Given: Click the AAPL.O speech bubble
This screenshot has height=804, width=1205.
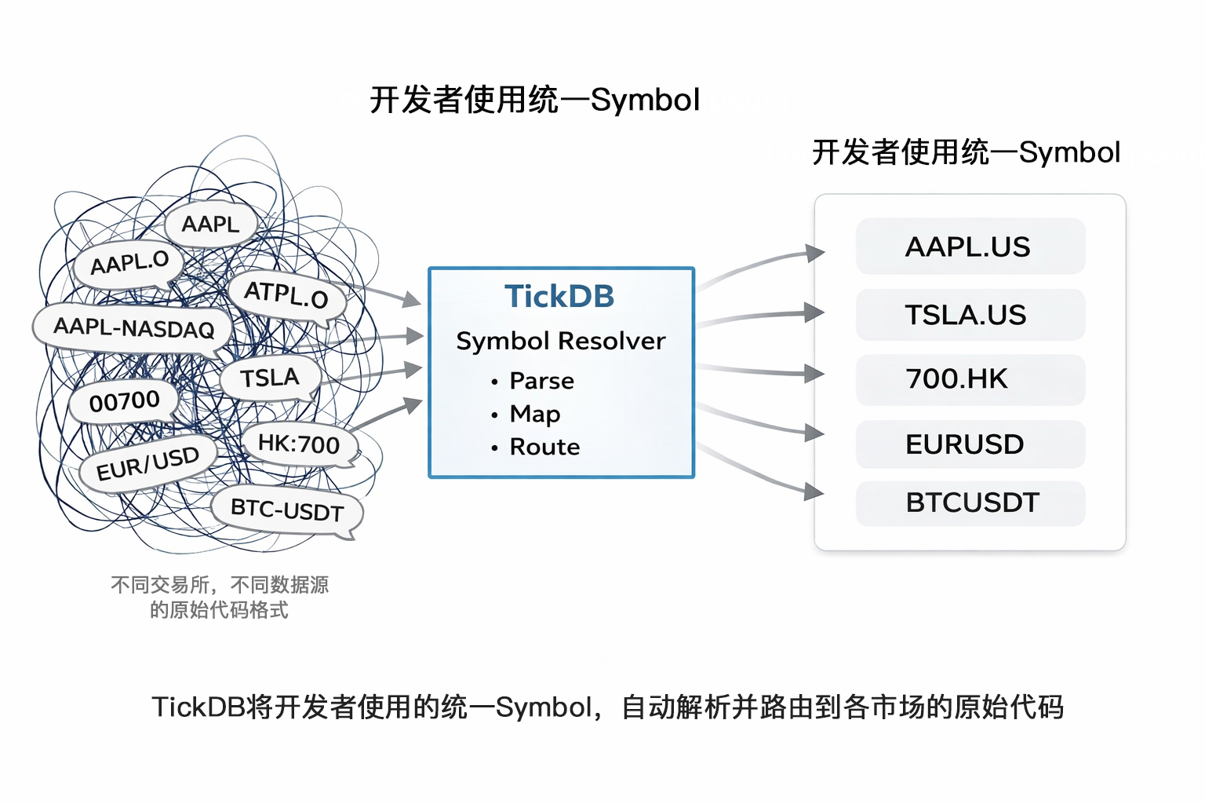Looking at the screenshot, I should [x=129, y=264].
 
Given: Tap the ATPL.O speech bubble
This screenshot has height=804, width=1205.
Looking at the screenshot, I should [x=286, y=295].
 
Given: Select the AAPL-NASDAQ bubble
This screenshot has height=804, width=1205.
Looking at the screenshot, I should [x=133, y=327].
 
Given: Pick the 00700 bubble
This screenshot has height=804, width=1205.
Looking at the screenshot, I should [x=124, y=402].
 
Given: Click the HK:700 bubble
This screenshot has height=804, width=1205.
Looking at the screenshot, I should [x=298, y=444].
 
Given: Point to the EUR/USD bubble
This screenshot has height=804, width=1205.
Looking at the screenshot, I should [x=147, y=465].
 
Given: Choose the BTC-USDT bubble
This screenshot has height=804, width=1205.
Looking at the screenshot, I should [x=287, y=511].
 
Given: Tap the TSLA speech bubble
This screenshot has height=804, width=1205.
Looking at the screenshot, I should [x=270, y=378].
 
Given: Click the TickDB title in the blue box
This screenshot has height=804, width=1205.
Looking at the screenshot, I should [x=559, y=297].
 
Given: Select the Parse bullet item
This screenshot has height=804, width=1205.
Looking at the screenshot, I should [x=541, y=381].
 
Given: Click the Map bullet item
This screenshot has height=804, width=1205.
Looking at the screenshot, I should [x=535, y=414].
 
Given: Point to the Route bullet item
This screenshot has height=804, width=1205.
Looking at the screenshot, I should [x=544, y=447].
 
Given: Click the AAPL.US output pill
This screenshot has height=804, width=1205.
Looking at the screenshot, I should [x=970, y=247].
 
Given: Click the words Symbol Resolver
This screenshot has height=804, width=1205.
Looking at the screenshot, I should [x=560, y=342].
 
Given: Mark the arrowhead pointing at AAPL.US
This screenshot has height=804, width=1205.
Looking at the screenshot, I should [x=816, y=253].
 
